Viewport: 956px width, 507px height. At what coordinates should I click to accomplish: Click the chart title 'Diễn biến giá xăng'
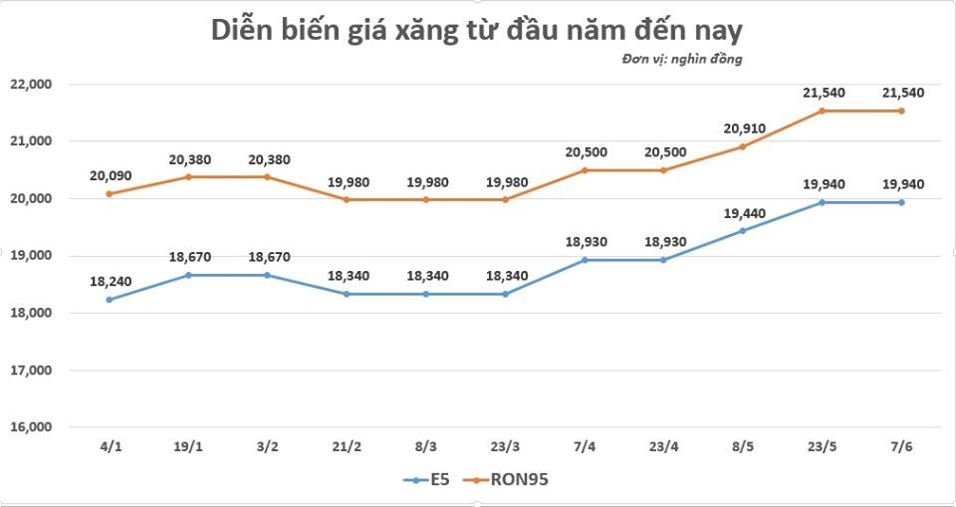[477, 31]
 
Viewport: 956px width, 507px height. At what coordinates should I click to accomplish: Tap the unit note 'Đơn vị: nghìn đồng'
[682, 60]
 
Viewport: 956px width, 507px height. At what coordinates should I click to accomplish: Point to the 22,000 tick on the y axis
[31, 85]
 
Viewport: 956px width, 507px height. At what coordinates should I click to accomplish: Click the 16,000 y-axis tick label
[31, 427]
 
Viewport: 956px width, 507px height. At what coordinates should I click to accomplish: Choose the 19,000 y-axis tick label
[31, 256]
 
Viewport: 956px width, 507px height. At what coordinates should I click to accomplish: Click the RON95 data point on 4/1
[109, 193]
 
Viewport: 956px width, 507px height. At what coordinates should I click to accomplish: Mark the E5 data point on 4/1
[109, 300]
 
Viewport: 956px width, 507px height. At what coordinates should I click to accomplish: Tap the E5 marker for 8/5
[743, 231]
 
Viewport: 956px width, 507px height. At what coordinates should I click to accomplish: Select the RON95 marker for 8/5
[743, 146]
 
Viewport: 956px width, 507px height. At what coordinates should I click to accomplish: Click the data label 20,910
[743, 128]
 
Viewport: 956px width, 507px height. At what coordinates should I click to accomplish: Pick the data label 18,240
[109, 282]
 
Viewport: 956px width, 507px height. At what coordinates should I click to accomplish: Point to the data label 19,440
[743, 213]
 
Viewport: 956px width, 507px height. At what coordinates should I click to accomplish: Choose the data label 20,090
[109, 175]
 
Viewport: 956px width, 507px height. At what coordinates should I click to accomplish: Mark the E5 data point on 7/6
[902, 202]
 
